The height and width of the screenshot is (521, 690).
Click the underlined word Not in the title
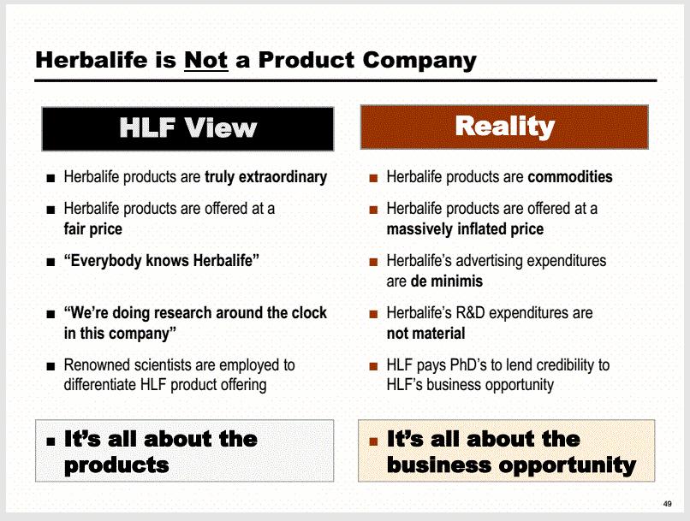coord(206,60)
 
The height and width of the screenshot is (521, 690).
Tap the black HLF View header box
coord(187,129)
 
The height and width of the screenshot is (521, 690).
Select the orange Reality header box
coord(504,127)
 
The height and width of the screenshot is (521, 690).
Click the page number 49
coord(667,504)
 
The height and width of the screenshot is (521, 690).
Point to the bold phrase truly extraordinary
coord(265,177)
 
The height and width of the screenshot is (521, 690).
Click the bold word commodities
coord(570,177)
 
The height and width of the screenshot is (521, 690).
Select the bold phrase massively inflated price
coord(465,229)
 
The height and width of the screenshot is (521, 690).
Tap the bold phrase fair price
coord(92,229)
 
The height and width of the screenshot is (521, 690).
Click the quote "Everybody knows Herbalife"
coord(162,261)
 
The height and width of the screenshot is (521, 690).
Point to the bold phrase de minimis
coord(447,281)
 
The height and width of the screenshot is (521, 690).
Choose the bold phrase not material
coord(425,334)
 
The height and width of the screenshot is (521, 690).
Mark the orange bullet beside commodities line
coord(373,178)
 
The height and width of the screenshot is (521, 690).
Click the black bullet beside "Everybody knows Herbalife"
coord(51,263)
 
